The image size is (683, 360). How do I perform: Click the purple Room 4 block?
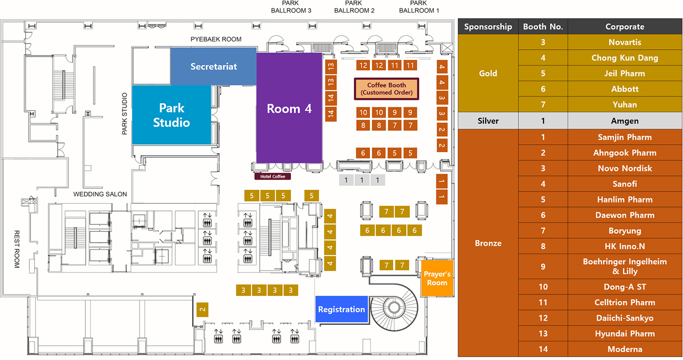289,108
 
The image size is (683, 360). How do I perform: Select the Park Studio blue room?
171,115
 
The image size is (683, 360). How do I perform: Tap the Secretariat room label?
213,66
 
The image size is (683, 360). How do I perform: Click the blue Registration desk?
341,309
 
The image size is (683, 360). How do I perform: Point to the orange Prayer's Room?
437,278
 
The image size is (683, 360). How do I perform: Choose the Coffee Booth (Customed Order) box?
387,89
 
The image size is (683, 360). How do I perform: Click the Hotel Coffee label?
273,176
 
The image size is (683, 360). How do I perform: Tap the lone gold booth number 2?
203,310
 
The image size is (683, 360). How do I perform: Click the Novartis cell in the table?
625,42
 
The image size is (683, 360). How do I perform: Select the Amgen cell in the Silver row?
625,121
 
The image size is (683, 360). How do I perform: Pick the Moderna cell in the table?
625,349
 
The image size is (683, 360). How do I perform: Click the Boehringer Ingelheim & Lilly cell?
625,267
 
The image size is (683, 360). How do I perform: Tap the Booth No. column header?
543,27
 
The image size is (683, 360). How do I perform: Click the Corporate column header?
625,27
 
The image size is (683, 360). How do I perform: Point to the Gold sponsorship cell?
488,73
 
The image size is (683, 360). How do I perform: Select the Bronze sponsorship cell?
488,243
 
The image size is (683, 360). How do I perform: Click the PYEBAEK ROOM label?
216,39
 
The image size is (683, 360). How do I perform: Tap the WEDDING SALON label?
100,194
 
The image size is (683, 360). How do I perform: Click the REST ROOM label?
17,249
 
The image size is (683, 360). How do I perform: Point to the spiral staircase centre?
393,307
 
